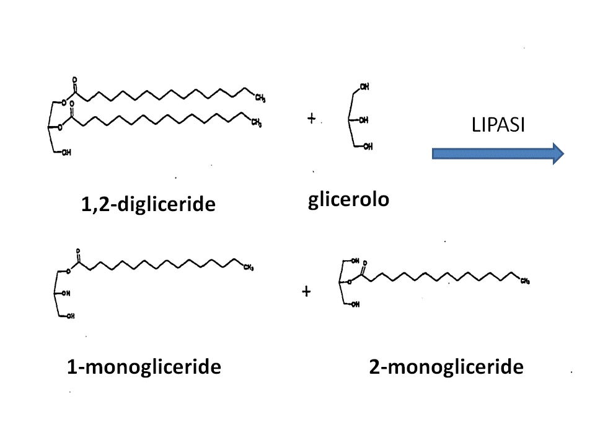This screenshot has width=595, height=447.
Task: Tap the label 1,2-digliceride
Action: click(148, 203)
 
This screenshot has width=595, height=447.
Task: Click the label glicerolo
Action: click(349, 200)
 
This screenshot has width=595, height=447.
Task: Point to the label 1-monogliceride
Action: click(144, 367)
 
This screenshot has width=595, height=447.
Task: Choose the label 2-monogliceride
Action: click(446, 367)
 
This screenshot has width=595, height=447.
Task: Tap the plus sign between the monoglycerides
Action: click(306, 291)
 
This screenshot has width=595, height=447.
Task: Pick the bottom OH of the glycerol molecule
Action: click(368, 147)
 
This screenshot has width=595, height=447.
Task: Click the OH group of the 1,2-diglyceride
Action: click(66, 153)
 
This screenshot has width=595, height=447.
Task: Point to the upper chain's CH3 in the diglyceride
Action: click(260, 98)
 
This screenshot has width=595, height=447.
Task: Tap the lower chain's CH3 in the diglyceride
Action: click(256, 123)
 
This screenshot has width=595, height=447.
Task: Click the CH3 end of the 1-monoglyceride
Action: click(249, 268)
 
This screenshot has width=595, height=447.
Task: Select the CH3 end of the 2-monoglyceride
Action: click(525, 281)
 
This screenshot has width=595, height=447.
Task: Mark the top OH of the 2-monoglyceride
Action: click(355, 261)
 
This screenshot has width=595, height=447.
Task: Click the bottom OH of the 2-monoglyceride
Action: click(355, 304)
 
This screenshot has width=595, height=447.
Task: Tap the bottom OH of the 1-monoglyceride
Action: click(71, 316)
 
